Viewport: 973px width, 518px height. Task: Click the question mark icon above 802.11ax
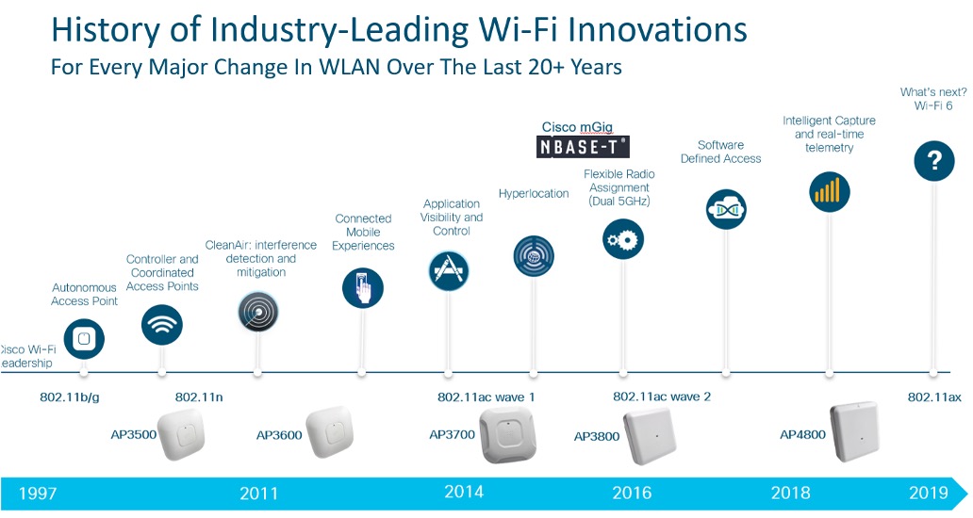pyautogui.click(x=934, y=160)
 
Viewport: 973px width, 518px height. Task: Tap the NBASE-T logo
pyautogui.click(x=583, y=147)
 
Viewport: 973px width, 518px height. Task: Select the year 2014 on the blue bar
pyautogui.click(x=464, y=492)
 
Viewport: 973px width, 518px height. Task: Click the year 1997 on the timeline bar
pyautogui.click(x=38, y=494)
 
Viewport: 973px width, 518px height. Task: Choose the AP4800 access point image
pyautogui.click(x=854, y=432)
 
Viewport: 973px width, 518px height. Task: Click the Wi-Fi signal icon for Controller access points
pyautogui.click(x=162, y=324)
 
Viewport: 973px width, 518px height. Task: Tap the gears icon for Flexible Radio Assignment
pyautogui.click(x=623, y=239)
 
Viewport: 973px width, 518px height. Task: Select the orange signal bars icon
pyautogui.click(x=829, y=191)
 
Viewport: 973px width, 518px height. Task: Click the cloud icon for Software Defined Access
pyautogui.click(x=726, y=209)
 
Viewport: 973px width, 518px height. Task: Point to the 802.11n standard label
pyautogui.click(x=199, y=397)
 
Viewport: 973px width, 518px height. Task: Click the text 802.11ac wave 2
pyautogui.click(x=662, y=397)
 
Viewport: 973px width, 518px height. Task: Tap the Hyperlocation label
pyautogui.click(x=534, y=193)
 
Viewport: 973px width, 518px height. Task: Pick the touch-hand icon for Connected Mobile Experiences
pyautogui.click(x=363, y=288)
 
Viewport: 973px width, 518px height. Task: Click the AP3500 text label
pyautogui.click(x=134, y=435)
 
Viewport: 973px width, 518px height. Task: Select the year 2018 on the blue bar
pyautogui.click(x=790, y=493)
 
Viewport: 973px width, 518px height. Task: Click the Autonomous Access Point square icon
pyautogui.click(x=85, y=338)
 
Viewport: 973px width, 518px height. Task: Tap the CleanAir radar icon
pyautogui.click(x=258, y=312)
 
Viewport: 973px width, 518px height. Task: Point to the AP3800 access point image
pyautogui.click(x=649, y=436)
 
